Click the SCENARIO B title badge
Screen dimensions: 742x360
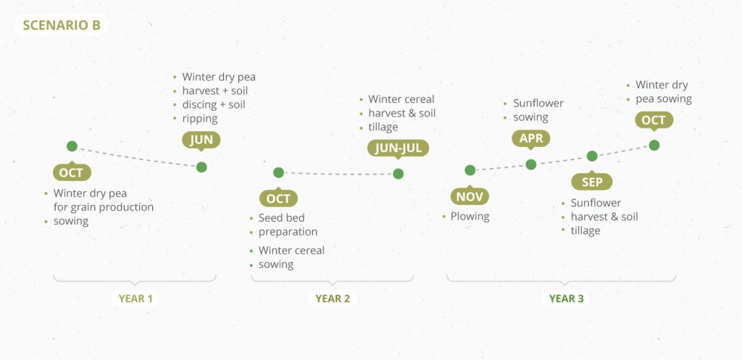(x=62, y=25)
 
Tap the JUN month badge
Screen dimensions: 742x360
(x=201, y=140)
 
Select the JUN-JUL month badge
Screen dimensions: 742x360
(x=398, y=148)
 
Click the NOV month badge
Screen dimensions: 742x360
(x=470, y=196)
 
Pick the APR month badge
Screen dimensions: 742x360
(x=531, y=138)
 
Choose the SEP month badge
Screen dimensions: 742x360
(x=591, y=182)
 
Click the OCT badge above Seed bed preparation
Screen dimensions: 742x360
(x=278, y=198)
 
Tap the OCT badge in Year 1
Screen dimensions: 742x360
(x=72, y=172)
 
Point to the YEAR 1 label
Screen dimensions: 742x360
(x=136, y=298)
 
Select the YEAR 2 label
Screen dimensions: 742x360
(x=332, y=298)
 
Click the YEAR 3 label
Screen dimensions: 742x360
(x=566, y=298)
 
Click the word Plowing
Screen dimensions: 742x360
(x=470, y=217)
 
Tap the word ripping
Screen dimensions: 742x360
(x=200, y=118)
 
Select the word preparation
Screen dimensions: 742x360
(x=288, y=232)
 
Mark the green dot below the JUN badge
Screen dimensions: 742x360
(x=201, y=167)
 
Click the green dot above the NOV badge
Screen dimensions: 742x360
(x=470, y=170)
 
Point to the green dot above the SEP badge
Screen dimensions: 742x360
(x=592, y=156)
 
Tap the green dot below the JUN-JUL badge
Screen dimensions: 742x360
(x=399, y=174)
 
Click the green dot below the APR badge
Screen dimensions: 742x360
(x=531, y=164)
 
